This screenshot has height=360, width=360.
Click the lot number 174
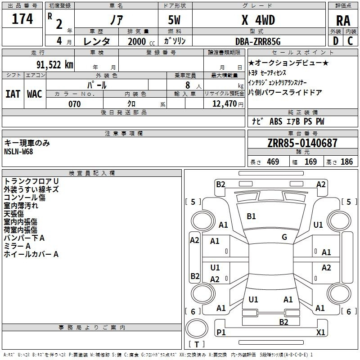22,18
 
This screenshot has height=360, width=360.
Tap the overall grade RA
343,21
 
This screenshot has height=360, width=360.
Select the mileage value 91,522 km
55,65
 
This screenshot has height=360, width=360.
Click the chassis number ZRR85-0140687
302,143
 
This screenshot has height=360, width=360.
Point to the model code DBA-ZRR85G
258,41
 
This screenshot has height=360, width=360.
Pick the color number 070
74,104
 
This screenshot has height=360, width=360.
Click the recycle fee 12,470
225,104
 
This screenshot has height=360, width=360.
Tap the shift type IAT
13,94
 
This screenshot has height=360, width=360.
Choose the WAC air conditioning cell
35,94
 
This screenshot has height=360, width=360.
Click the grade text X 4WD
258,20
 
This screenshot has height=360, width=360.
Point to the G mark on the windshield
284,237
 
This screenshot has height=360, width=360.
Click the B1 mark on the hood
251,216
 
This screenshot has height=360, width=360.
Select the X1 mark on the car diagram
320,332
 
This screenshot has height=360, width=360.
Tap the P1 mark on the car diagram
221,332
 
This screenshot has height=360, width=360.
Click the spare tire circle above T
197,328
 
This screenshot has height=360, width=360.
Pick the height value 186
346,162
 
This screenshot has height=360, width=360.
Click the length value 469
273,162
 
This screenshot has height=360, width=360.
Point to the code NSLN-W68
18,152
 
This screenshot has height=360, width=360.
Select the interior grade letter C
350,41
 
